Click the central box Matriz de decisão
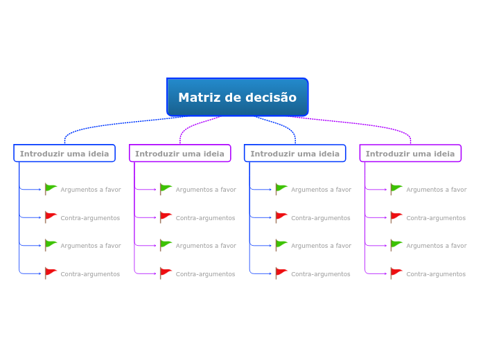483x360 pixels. pos(237,97)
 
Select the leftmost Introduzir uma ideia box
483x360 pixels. pos(64,153)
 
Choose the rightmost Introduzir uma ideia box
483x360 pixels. pos(410,153)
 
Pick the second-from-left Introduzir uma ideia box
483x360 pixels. pos(179,153)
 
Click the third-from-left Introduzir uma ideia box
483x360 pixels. pos(295,153)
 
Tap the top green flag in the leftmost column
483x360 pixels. pos(51,188)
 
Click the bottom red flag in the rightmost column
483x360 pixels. pos(396,273)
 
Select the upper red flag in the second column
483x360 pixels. pos(166,217)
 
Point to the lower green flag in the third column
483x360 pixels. pos(281,244)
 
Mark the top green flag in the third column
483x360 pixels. pos(281,188)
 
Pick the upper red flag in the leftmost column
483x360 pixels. pos(51,217)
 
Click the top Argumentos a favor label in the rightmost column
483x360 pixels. pos(436,190)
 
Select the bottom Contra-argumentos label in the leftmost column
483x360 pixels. pos(90,274)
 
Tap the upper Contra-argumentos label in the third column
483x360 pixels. pos(320,218)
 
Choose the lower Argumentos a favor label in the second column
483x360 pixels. pos(206,246)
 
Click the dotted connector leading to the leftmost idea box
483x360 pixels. pos(104,124)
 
